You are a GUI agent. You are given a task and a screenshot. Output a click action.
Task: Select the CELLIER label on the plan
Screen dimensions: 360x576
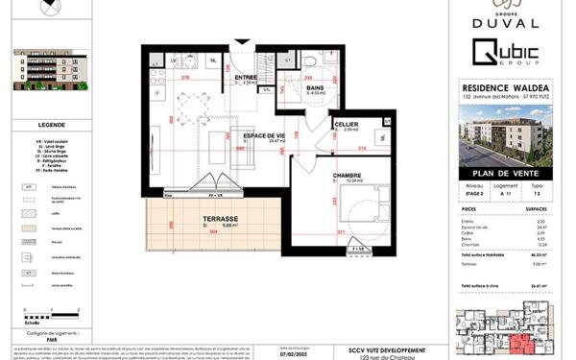347,125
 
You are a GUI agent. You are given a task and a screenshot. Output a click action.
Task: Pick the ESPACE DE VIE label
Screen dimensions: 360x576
265,135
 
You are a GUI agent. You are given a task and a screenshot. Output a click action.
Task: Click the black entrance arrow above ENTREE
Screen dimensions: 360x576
242,42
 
